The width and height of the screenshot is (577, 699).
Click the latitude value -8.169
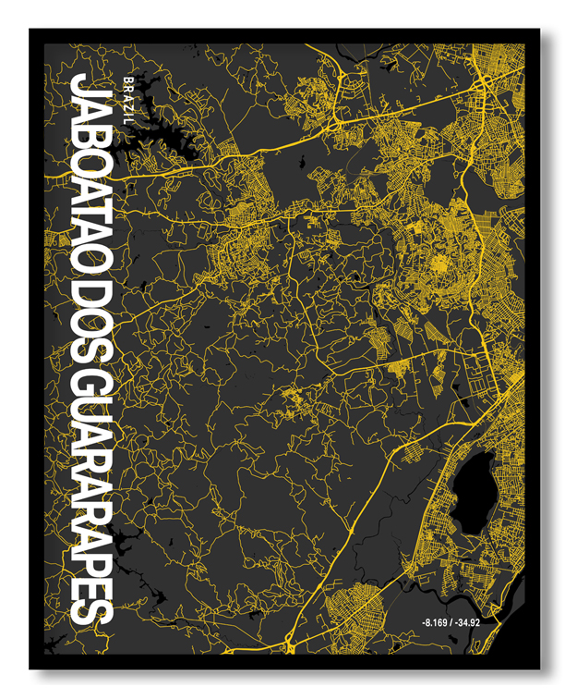point(435,621)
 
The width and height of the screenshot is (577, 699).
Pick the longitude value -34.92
point(478,621)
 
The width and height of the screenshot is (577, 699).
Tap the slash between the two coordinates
point(456,621)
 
